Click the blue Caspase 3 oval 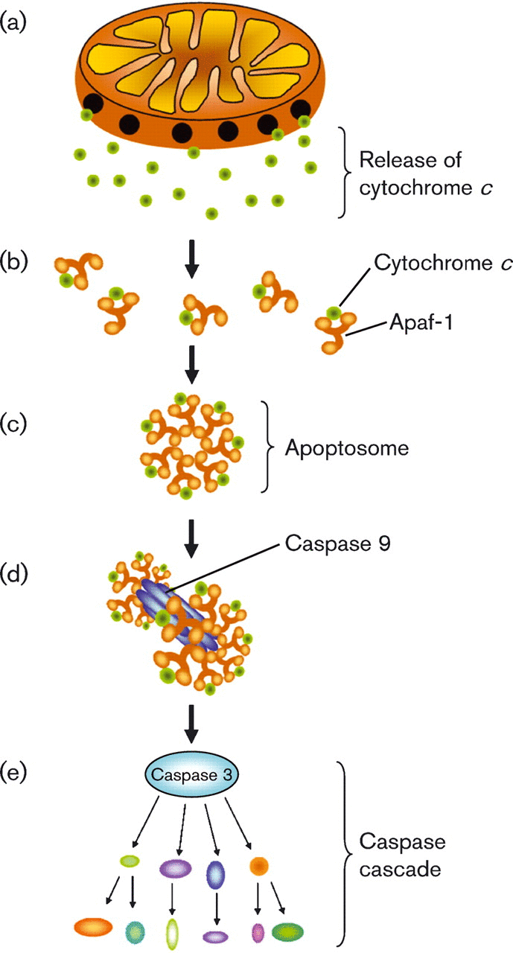click(x=192, y=775)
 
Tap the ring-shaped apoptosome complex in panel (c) click(x=192, y=444)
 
